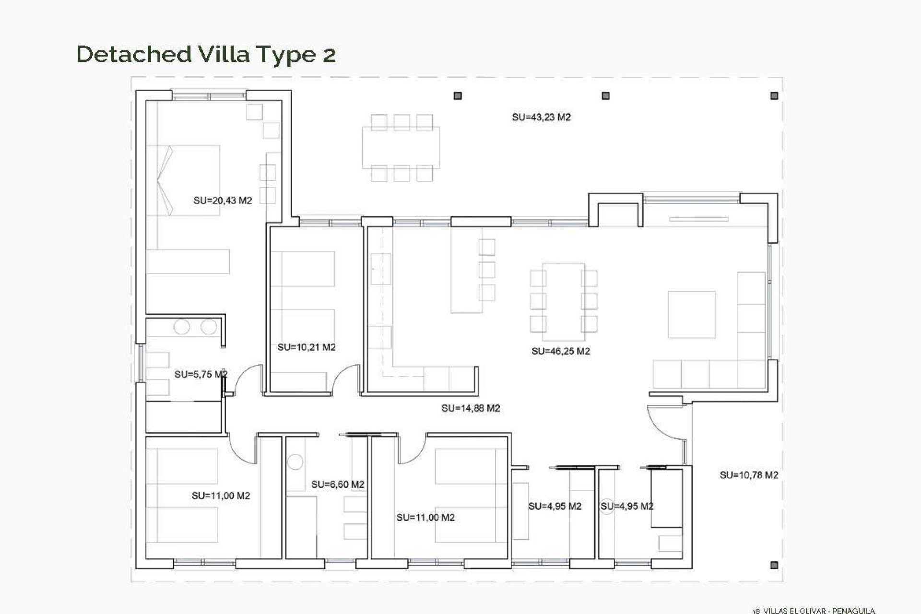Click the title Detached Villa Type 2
pos(206,54)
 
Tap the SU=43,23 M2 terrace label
pos(541,117)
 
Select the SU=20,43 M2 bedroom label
pos(223,201)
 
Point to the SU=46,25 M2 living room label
pos(560,351)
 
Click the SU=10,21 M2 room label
pos(306,347)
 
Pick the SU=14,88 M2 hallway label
pos(471,408)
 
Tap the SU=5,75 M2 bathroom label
pos(201,374)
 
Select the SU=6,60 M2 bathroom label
pos(337,484)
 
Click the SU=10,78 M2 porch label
pos(748,475)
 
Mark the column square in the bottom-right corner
pos(774,565)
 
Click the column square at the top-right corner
pos(774,96)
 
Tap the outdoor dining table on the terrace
pos(401,147)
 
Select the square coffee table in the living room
pos(691,314)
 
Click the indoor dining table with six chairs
pos(563,297)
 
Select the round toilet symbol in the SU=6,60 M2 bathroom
pos(295,462)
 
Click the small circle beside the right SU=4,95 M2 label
pos(607,507)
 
